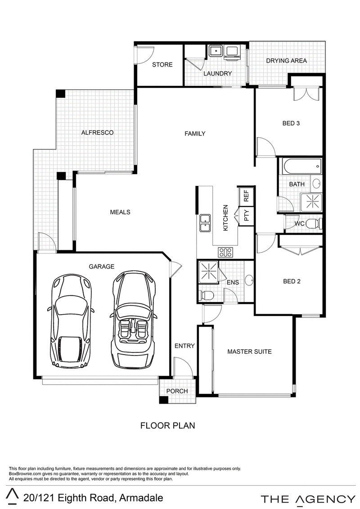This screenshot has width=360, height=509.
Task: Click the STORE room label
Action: pos(162,65)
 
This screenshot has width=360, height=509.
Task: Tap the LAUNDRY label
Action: pos(217,74)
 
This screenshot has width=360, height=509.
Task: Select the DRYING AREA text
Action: pos(286,61)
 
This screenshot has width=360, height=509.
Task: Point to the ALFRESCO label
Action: pos(97,132)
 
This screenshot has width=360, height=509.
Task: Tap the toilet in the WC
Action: pos(313,224)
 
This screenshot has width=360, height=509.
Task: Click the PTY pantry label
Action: pos(247,216)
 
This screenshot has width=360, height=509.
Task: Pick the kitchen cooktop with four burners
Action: pos(225,252)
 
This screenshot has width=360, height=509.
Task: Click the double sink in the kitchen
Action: pos(205,223)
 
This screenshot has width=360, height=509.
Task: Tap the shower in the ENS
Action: pos(208,271)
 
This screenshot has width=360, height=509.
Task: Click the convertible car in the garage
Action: pos(133,320)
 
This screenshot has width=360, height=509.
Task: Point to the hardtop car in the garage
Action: pos(71,321)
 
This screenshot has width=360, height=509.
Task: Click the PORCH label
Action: pos(177,391)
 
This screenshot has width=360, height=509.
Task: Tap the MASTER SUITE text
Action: pos(249,351)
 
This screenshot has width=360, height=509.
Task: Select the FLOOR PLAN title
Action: pos(167,425)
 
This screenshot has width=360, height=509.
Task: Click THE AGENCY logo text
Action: pos(308,499)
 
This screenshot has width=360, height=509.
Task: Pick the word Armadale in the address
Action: pos(141,498)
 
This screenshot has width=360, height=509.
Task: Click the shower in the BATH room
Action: pos(311,202)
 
